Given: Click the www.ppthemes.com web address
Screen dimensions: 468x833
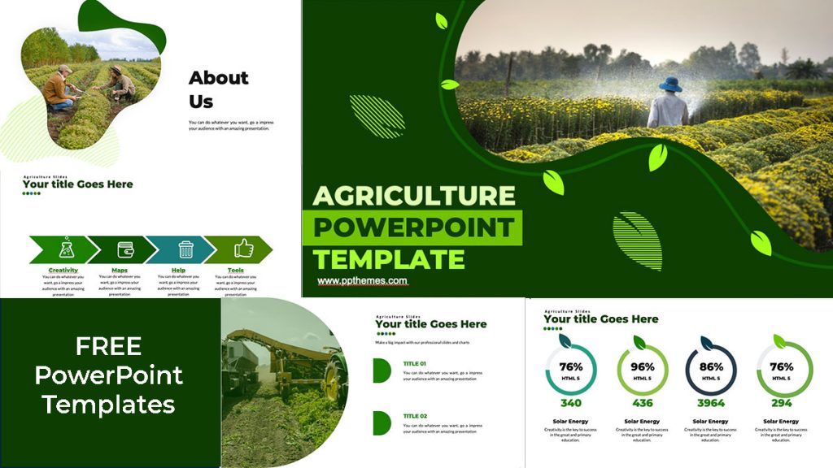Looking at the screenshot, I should pos(362,281).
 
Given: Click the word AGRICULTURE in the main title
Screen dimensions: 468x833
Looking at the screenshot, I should pos(414,196).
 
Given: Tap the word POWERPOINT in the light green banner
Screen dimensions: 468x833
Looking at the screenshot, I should pos(413,227).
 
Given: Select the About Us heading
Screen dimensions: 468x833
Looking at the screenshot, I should pos(218,89).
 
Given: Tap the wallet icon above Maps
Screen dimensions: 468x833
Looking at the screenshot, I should pos(124,249).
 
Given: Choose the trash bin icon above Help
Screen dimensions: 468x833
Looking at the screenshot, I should pos(185,249).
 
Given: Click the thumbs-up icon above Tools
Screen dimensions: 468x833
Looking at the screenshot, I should pos(243,249).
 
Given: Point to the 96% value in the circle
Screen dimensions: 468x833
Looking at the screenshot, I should pos(642,366).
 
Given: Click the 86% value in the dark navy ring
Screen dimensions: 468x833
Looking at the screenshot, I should pos(710,366).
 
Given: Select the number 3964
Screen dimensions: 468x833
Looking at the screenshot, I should pos(710,403).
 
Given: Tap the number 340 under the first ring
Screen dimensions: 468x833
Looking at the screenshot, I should pos(570,403).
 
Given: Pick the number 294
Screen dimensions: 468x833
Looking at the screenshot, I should pos(782,403).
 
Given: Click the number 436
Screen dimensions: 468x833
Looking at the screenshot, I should pos(642,403).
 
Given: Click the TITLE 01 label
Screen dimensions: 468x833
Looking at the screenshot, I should pos(415,363).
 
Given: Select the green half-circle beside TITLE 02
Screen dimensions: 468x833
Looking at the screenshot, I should pos(381,422).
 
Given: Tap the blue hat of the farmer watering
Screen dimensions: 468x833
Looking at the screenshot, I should pos(670,84).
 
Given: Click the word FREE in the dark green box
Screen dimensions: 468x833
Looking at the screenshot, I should pos(109,347).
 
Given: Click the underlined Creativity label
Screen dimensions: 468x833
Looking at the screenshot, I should pos(63,270).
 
